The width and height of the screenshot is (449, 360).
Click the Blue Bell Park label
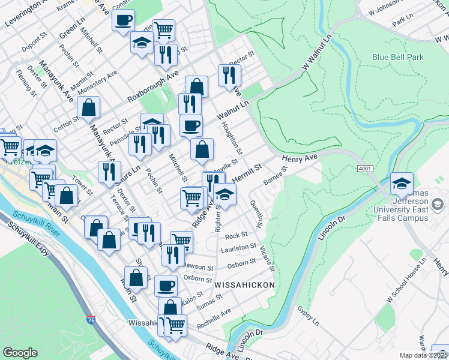pyautogui.click(x=397, y=58)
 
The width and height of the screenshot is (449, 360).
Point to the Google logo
pyautogui.click(x=20, y=352)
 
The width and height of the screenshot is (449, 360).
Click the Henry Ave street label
pyautogui.click(x=298, y=158)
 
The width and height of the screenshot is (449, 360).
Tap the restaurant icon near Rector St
pyautogui.click(x=229, y=75)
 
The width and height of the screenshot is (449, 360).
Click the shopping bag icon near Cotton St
pyautogui.click(x=88, y=108)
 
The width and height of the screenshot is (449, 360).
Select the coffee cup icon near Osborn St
pyautogui.click(x=166, y=286)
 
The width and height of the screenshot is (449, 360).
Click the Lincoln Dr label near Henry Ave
pyautogui.click(x=328, y=229)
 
